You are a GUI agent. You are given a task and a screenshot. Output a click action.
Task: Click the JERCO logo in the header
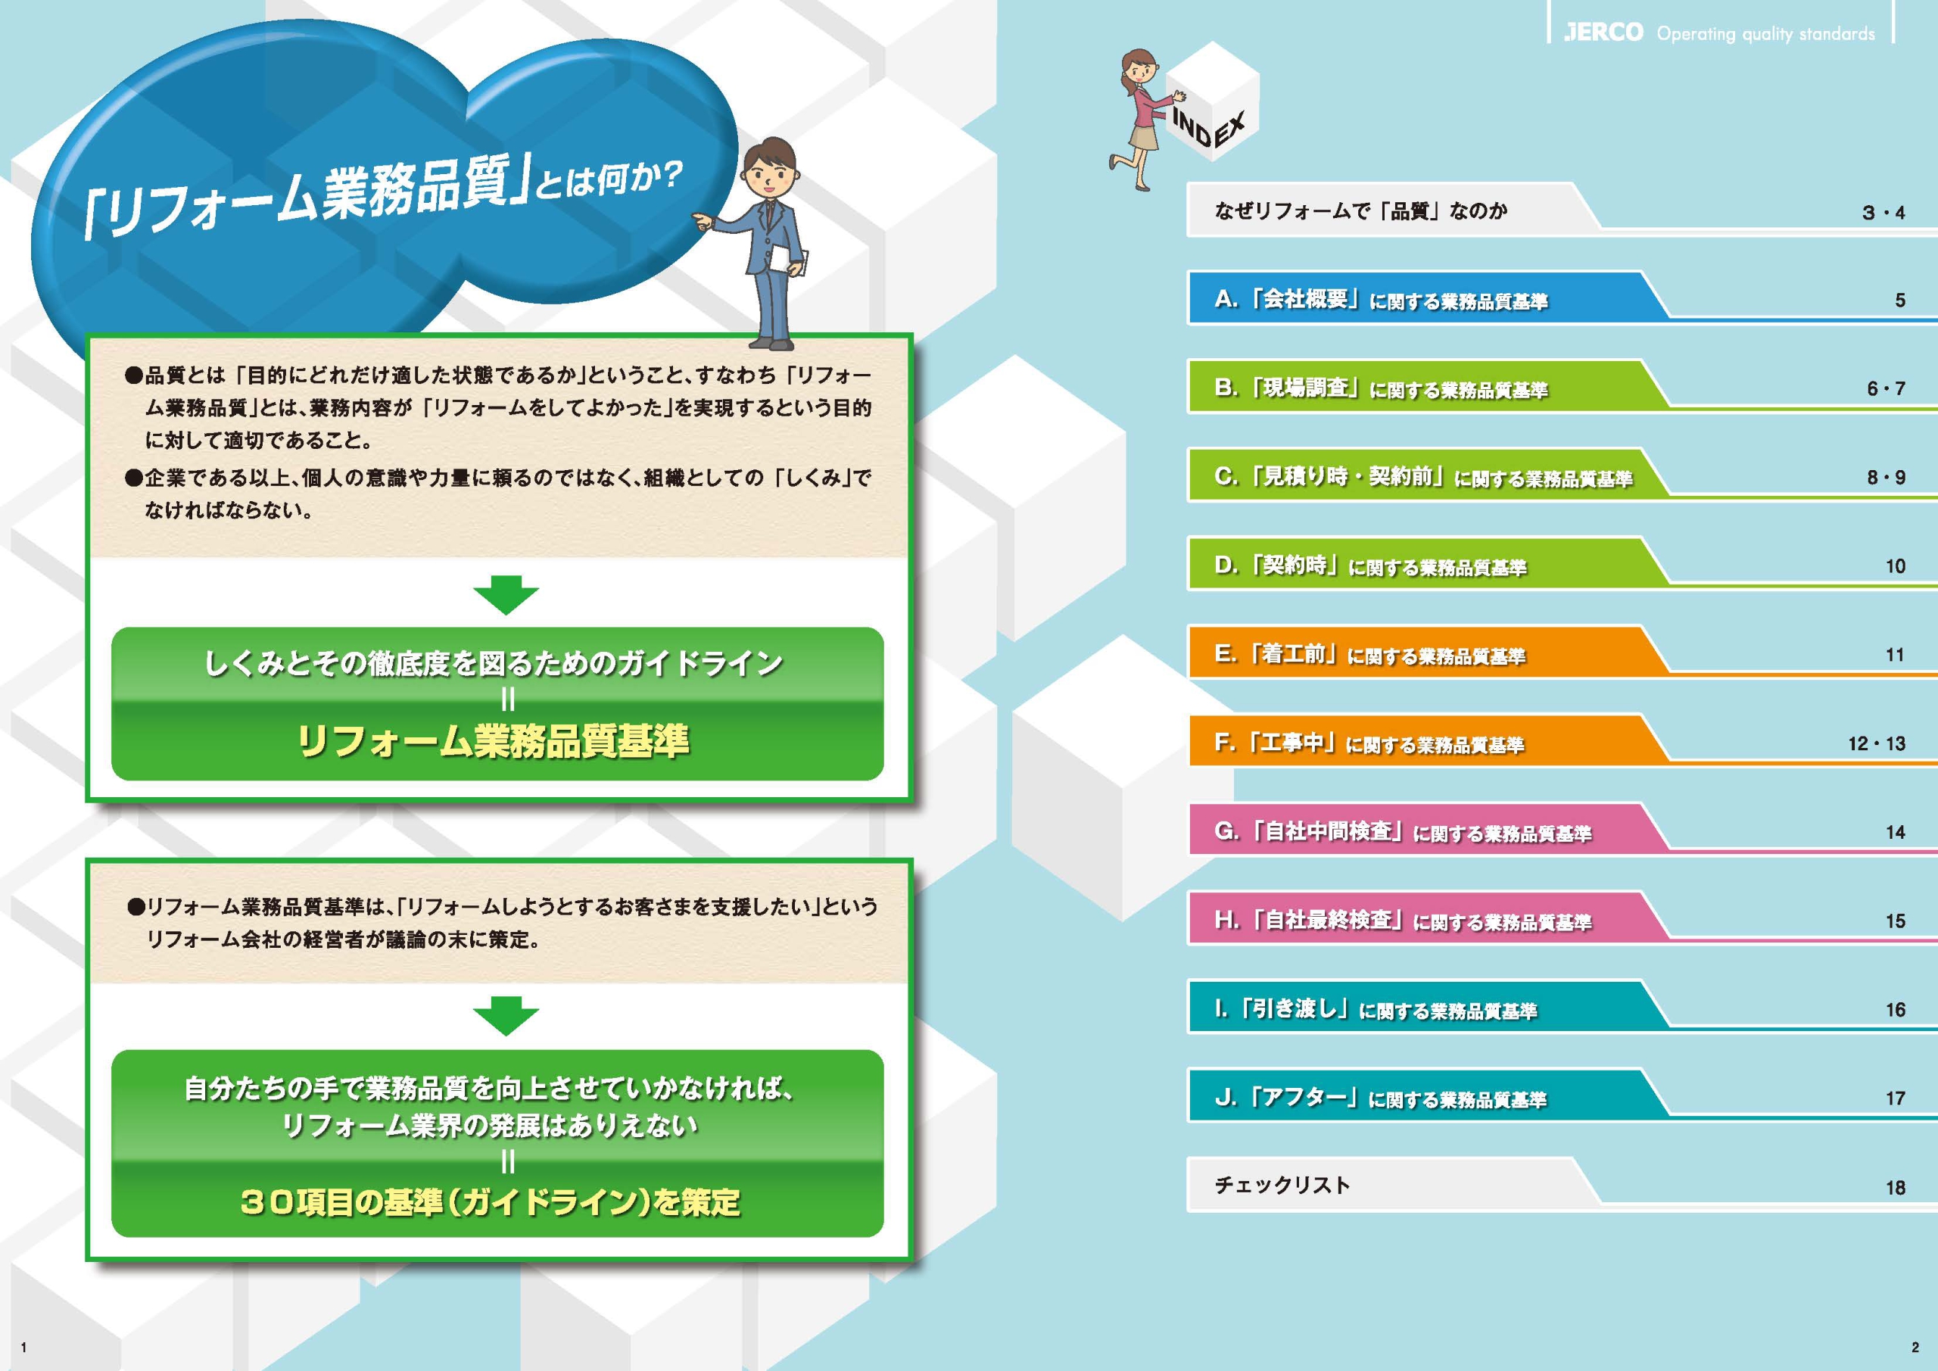tap(1603, 33)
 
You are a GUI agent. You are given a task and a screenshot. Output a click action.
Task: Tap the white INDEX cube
tap(1212, 102)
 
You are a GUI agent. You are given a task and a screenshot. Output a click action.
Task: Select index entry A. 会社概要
tap(1381, 300)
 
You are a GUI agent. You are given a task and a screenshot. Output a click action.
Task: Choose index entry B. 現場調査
tap(1381, 388)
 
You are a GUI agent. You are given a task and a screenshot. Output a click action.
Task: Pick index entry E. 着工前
tap(1370, 654)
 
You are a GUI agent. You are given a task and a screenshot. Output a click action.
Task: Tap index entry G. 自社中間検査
tap(1403, 831)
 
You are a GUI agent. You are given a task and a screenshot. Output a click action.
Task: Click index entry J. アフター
tap(1380, 1098)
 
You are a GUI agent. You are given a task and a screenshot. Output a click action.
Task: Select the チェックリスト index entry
tap(1282, 1186)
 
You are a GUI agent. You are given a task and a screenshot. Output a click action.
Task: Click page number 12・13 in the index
tap(1877, 743)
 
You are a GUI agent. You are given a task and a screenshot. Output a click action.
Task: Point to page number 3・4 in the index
tap(1883, 213)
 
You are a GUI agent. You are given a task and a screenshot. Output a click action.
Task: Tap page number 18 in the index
tap(1896, 1188)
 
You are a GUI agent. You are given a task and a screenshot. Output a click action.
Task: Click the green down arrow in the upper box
tap(506, 595)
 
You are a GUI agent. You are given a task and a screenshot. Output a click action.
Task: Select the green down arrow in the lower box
tap(506, 1016)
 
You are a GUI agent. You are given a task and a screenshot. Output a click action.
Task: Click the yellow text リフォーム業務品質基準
tap(494, 741)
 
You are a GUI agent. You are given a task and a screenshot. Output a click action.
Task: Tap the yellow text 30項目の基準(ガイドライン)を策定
tap(491, 1202)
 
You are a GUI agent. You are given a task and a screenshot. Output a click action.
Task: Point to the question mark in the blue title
tap(668, 176)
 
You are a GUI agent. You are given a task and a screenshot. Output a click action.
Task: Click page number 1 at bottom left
tap(23, 1348)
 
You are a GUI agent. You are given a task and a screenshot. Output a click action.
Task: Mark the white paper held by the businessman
tap(793, 261)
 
